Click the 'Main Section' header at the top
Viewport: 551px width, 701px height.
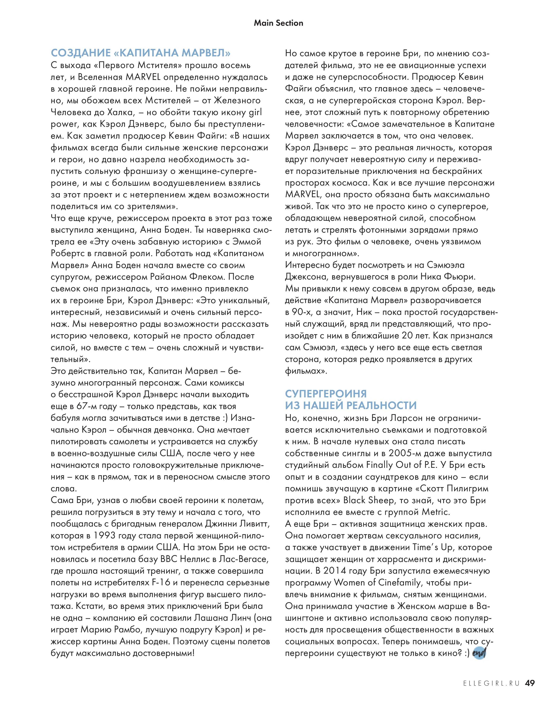pos(278,23)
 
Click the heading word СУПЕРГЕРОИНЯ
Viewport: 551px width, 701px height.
pos(326,394)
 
